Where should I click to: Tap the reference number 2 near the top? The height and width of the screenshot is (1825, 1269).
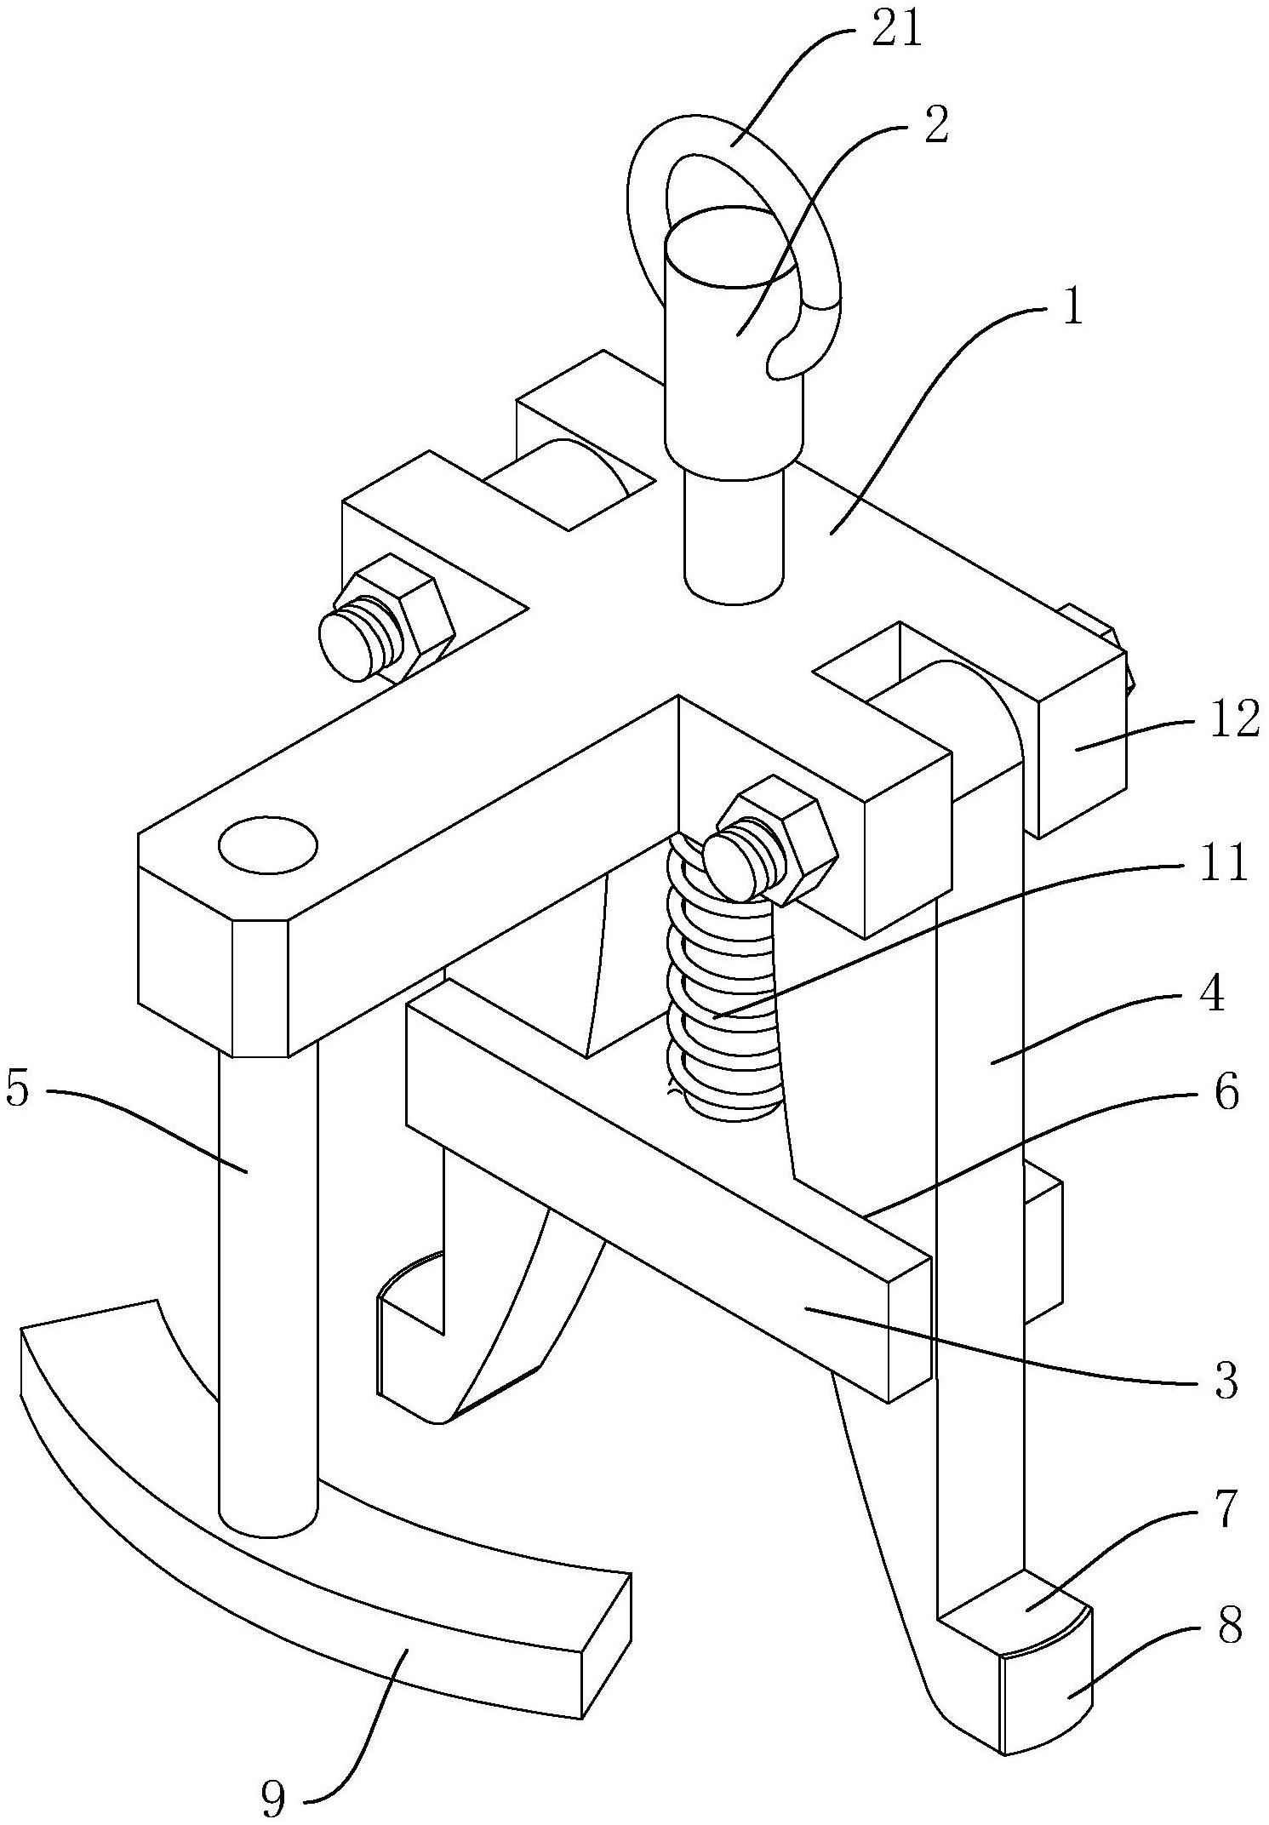[x=935, y=124]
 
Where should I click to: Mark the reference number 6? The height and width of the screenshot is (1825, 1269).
[x=1226, y=1093]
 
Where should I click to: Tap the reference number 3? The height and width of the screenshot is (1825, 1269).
[x=1225, y=1382]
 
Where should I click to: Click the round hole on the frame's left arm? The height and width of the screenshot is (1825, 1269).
[x=268, y=845]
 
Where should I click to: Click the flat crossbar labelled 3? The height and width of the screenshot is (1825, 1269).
[x=672, y=1192]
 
